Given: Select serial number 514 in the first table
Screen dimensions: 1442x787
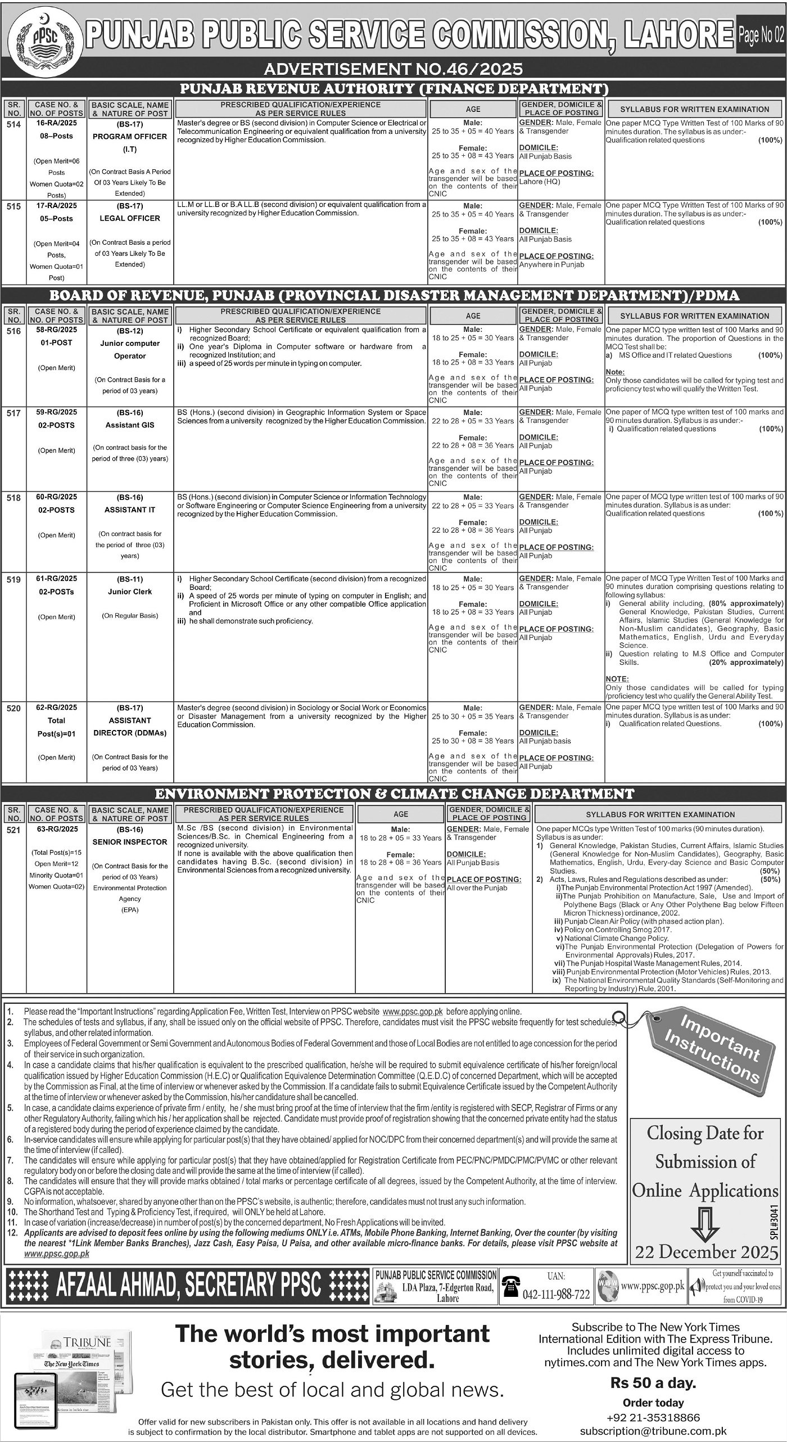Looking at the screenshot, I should point(14,124).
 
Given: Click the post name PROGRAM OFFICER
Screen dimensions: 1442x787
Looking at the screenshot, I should point(130,137).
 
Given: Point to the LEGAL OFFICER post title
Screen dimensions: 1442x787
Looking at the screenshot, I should point(130,218).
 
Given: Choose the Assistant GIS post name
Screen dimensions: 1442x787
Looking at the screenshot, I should point(130,425).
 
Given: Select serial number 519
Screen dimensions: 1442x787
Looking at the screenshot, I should point(14,579).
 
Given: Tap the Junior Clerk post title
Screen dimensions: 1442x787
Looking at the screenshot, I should point(130,592).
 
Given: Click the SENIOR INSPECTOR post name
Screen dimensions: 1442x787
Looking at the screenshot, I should point(130,842).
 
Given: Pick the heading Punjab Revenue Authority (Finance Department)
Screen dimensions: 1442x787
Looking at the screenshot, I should point(393,88).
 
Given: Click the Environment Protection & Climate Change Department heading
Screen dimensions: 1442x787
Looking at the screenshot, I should point(393,794).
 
